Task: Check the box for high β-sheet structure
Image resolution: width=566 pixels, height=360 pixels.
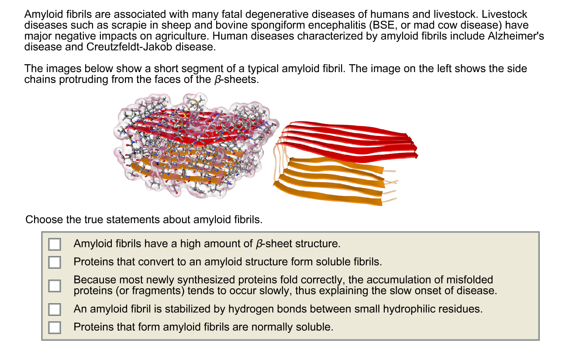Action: click(x=55, y=244)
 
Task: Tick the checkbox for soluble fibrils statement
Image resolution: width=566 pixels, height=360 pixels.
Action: click(x=55, y=262)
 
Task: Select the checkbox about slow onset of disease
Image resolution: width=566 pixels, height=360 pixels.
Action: click(x=55, y=286)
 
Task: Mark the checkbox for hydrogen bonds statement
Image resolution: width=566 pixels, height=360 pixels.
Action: click(x=55, y=309)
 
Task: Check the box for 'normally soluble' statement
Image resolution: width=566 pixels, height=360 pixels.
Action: click(x=55, y=327)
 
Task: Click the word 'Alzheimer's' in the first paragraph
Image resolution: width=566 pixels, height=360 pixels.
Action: click(x=516, y=36)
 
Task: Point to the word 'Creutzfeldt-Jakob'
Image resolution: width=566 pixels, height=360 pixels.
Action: click(x=129, y=47)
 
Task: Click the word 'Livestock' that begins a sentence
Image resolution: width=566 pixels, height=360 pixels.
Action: click(x=504, y=14)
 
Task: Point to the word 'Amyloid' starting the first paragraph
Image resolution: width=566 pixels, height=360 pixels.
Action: click(x=44, y=14)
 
